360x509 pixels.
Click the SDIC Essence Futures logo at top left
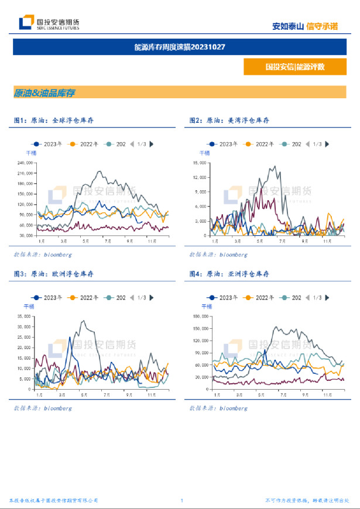(x=49, y=23)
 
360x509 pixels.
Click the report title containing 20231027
(x=180, y=47)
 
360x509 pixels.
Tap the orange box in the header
(x=294, y=67)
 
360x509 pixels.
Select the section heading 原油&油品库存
(x=44, y=92)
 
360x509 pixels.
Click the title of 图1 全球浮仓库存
(x=54, y=120)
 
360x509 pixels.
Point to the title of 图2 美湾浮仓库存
(x=229, y=120)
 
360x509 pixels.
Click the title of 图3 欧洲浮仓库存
(x=54, y=274)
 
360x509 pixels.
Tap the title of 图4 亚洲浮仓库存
(x=229, y=274)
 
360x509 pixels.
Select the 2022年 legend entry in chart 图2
(x=260, y=143)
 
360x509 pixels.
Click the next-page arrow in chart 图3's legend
(x=152, y=297)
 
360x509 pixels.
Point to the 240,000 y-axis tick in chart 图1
(x=25, y=163)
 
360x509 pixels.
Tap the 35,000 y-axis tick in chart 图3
(x=26, y=317)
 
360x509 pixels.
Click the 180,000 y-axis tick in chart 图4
(x=200, y=317)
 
